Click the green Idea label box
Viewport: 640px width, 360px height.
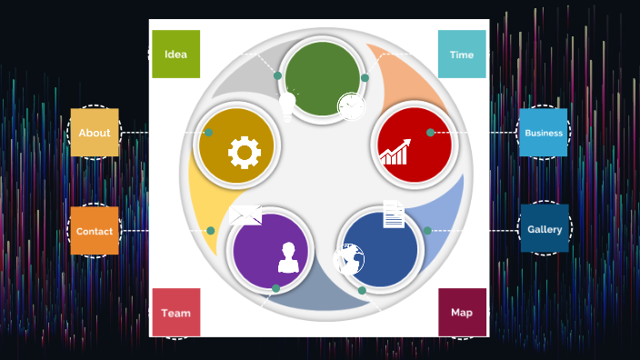pos(175,54)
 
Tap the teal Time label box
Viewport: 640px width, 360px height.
pos(462,55)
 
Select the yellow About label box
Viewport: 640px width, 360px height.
pos(95,133)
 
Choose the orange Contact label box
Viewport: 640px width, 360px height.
pos(95,231)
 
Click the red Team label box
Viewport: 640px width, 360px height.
pos(176,313)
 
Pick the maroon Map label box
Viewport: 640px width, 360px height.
pos(462,313)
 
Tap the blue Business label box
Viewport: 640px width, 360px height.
pos(543,133)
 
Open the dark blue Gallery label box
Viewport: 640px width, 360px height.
pos(545,229)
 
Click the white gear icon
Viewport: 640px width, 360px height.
pos(245,152)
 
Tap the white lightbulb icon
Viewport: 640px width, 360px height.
pos(287,105)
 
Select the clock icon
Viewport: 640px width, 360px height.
pos(351,105)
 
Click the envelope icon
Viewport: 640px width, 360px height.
pos(245,215)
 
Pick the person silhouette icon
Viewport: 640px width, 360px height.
pos(288,257)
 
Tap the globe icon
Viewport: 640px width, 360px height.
pos(349,259)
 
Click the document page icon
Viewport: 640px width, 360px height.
pos(394,215)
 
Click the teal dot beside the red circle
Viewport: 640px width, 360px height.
pos(430,133)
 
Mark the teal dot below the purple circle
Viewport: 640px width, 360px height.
pos(275,288)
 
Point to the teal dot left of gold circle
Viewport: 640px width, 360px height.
pos(208,133)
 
